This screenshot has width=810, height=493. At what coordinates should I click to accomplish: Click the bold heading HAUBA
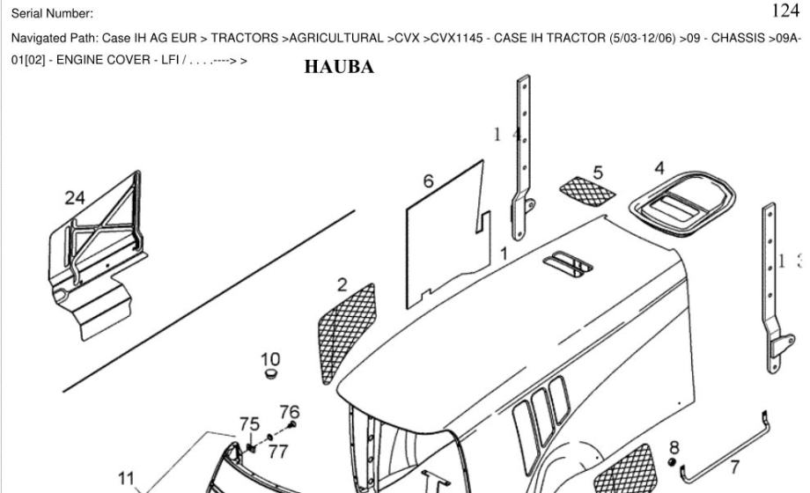(339, 67)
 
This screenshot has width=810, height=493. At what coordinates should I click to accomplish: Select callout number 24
(75, 198)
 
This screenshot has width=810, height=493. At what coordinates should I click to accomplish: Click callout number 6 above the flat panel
(429, 181)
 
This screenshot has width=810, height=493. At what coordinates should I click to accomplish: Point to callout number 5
(598, 173)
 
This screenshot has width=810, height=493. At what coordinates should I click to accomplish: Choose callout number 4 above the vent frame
(659, 167)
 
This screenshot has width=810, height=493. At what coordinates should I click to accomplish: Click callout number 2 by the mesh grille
(342, 285)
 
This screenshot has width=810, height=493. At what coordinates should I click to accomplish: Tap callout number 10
(270, 359)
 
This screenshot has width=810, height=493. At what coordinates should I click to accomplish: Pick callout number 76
(289, 411)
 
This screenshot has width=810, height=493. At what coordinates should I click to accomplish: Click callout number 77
(278, 452)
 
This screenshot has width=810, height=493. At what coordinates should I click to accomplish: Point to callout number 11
(128, 479)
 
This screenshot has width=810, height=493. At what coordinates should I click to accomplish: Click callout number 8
(674, 447)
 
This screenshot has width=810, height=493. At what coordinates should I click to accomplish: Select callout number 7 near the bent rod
(734, 467)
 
